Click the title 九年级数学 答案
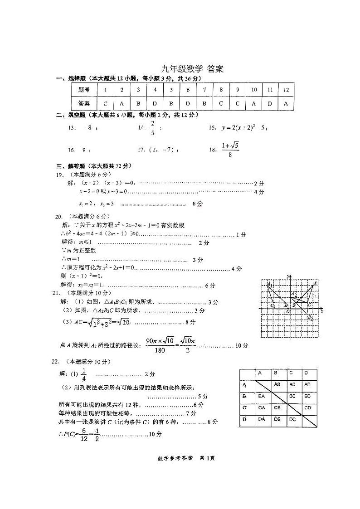coord(193,69)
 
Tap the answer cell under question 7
coord(204,103)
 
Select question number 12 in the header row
coord(286,90)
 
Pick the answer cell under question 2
coord(122,103)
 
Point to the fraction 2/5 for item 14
coord(153,128)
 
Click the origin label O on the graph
coord(287,311)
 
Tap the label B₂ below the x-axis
coord(311,319)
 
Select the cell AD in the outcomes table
coord(307,385)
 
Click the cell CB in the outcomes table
coord(277,407)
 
